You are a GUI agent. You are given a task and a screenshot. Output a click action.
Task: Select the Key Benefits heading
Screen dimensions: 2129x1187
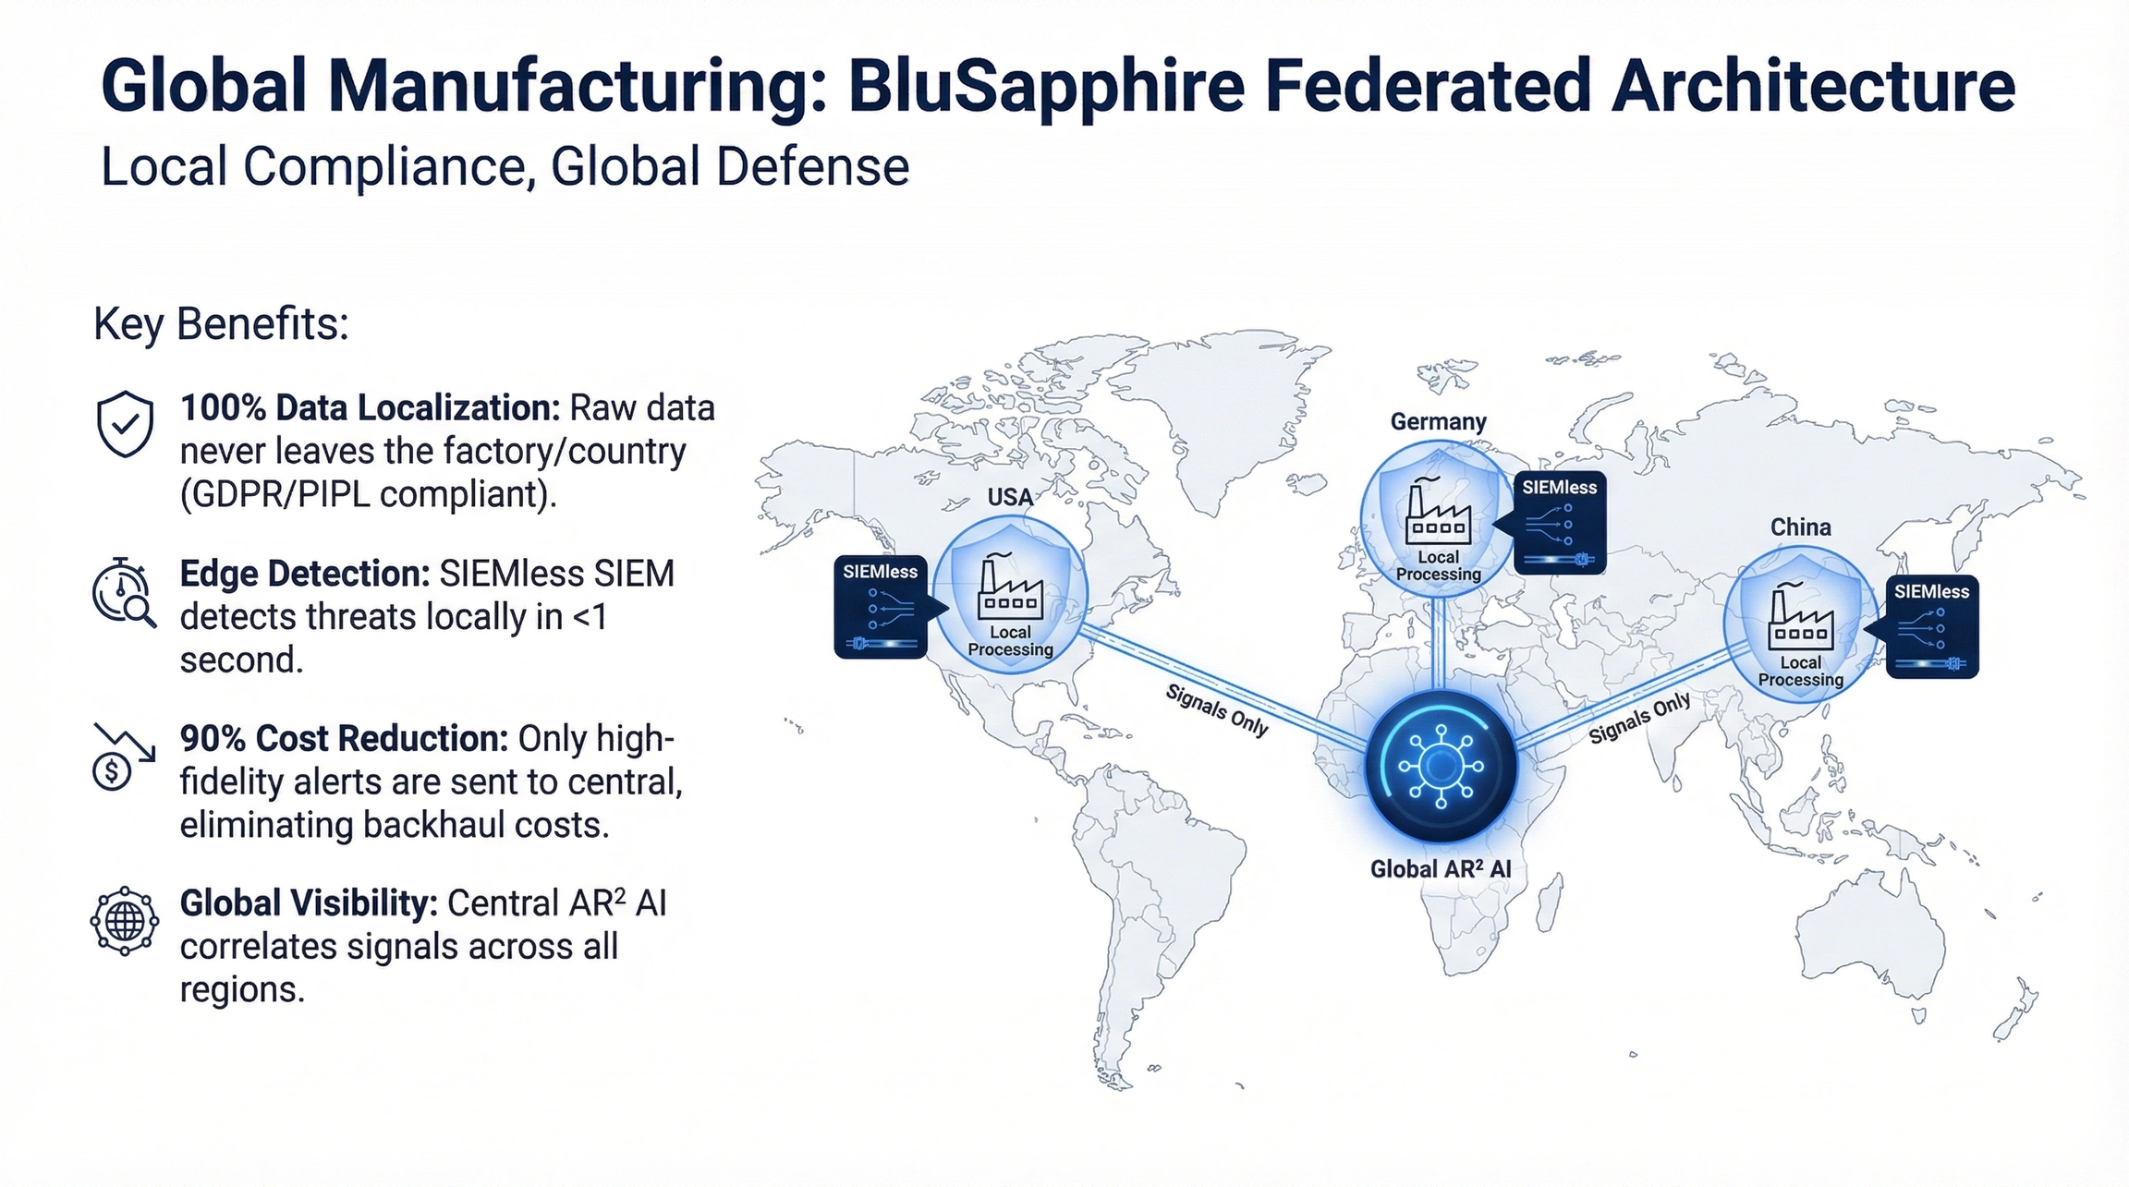pyautogui.click(x=222, y=325)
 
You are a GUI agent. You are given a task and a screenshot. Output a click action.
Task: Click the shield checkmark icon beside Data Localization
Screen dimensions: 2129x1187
pyautogui.click(x=125, y=423)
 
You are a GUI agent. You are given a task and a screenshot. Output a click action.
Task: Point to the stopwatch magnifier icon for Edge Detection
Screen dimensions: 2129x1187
pyautogui.click(x=124, y=592)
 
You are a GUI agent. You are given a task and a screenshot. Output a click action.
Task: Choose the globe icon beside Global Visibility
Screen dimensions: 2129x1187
pyautogui.click(x=125, y=921)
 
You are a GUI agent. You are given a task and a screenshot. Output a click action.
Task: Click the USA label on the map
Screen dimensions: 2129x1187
pyautogui.click(x=1010, y=497)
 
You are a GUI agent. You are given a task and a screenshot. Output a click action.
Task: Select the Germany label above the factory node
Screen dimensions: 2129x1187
pyautogui.click(x=1438, y=421)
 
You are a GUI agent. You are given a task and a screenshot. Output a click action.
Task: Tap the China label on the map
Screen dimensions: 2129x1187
pyautogui.click(x=1800, y=527)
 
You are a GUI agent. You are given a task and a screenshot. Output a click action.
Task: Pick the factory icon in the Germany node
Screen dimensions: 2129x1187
pyautogui.click(x=1438, y=511)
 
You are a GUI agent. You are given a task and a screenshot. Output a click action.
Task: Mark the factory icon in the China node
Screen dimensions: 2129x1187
pyautogui.click(x=1800, y=617)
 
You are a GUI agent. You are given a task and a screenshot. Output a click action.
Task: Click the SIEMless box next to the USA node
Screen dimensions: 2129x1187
pyautogui.click(x=881, y=607)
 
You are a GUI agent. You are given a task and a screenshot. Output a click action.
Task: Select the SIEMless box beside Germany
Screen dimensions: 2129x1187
pyautogui.click(x=1560, y=522)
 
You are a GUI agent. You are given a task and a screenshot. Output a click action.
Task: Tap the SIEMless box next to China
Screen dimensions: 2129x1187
pyautogui.click(x=1932, y=627)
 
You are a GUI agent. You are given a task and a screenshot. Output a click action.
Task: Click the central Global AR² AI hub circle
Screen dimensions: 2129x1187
pyautogui.click(x=1441, y=766)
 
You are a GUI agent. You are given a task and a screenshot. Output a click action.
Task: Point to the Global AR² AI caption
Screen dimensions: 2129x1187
pyautogui.click(x=1441, y=869)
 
